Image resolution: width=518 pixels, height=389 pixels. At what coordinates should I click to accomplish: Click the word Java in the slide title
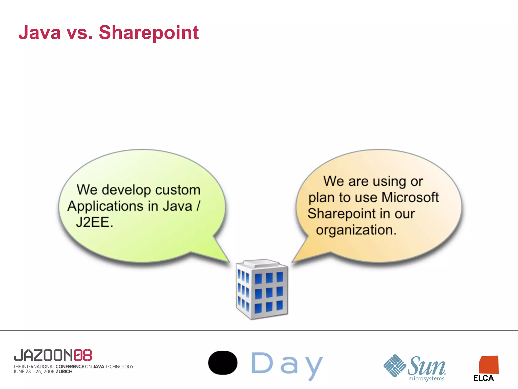pos(40,33)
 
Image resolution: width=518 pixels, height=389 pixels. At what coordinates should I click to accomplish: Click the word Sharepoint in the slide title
pos(149,33)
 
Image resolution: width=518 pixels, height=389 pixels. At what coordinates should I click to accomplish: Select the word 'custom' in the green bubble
pos(178,190)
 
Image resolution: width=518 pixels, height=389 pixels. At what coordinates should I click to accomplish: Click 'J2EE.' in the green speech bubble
pos(94,222)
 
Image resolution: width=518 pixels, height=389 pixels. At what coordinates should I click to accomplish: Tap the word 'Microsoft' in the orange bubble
pos(410,197)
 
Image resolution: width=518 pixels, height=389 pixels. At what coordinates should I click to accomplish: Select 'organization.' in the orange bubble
pos(356,230)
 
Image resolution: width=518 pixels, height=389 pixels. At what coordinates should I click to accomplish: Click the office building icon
pos(262,289)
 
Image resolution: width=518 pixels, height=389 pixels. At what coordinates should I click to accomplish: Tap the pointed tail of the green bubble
pos(224,256)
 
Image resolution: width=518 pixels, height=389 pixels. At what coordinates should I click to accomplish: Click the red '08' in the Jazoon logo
pos(83,355)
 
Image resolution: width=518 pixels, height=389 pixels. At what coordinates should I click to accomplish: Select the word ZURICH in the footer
pos(64,372)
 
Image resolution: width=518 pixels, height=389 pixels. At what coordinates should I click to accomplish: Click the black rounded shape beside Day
pos(223,363)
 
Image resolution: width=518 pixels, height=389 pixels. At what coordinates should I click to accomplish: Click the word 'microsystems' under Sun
pos(426,379)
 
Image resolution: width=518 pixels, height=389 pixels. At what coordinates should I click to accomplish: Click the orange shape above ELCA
pos(489,365)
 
